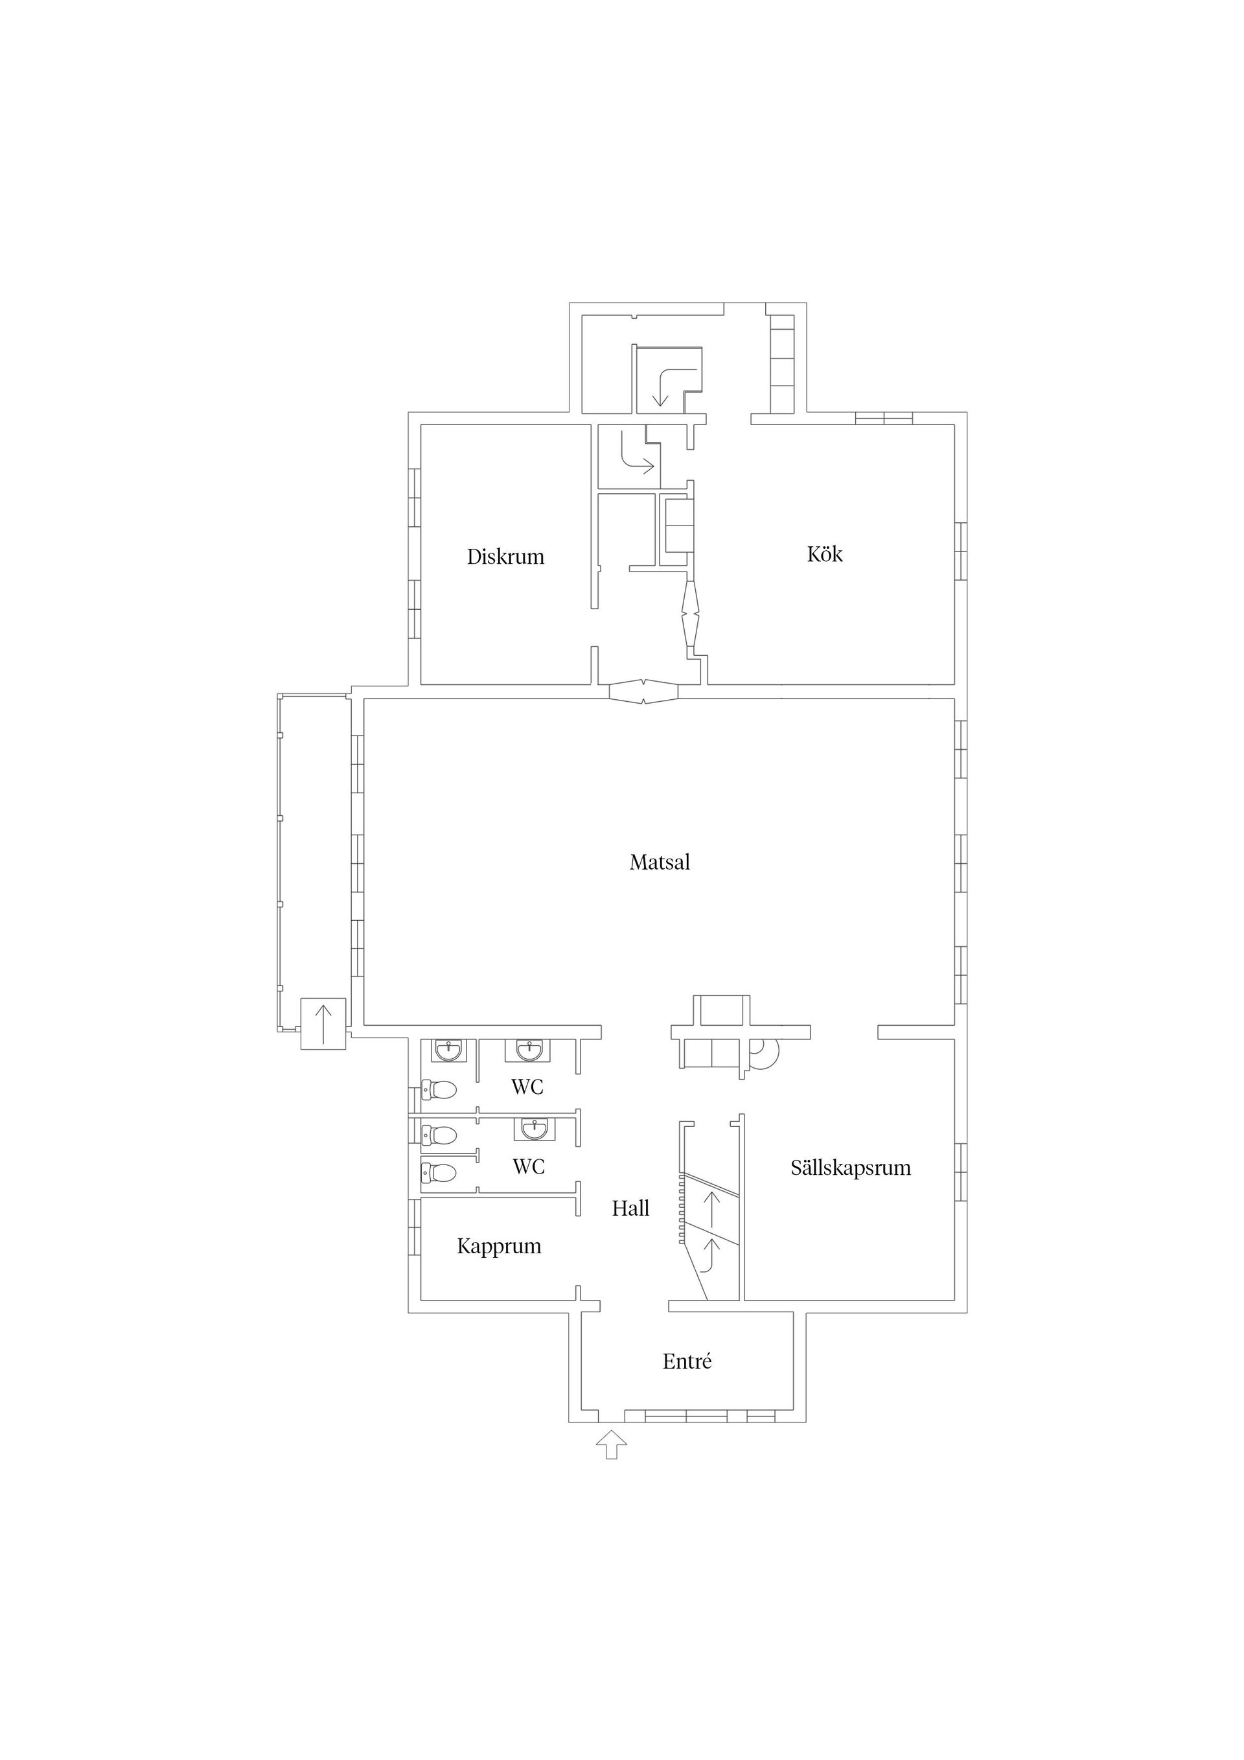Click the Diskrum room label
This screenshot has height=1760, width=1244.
[x=505, y=557]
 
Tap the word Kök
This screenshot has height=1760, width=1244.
[x=824, y=553]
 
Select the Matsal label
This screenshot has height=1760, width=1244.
[x=659, y=863]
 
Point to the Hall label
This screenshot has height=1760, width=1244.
[x=630, y=1209]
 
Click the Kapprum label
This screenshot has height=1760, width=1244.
[x=499, y=1246]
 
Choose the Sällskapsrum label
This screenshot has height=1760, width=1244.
[x=850, y=1168]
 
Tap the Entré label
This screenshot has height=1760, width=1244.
[x=687, y=1361]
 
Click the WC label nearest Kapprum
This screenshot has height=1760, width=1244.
[x=528, y=1166]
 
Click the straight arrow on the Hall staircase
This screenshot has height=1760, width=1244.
[x=712, y=1208]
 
